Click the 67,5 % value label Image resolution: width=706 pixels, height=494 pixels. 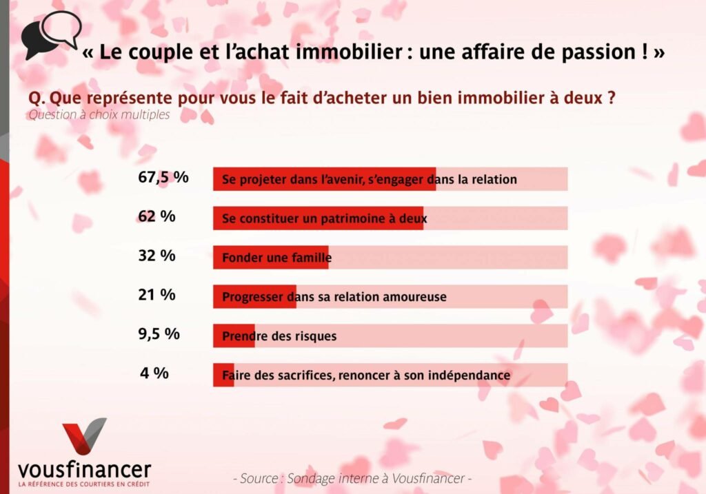pos(163,177)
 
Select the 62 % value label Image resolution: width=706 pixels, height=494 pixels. pos(157,216)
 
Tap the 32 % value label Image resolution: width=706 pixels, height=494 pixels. pos(157,256)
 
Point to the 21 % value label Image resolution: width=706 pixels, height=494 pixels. pos(157,295)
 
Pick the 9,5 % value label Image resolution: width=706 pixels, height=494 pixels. pos(159,334)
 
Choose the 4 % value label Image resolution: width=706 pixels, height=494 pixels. pos(154,373)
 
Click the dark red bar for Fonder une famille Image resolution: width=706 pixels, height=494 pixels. pos(270,258)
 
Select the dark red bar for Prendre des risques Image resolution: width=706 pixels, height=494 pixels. pos(234,336)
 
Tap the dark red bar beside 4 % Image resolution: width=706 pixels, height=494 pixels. pos(223,375)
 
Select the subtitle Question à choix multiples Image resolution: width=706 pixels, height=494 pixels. pos(99,115)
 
